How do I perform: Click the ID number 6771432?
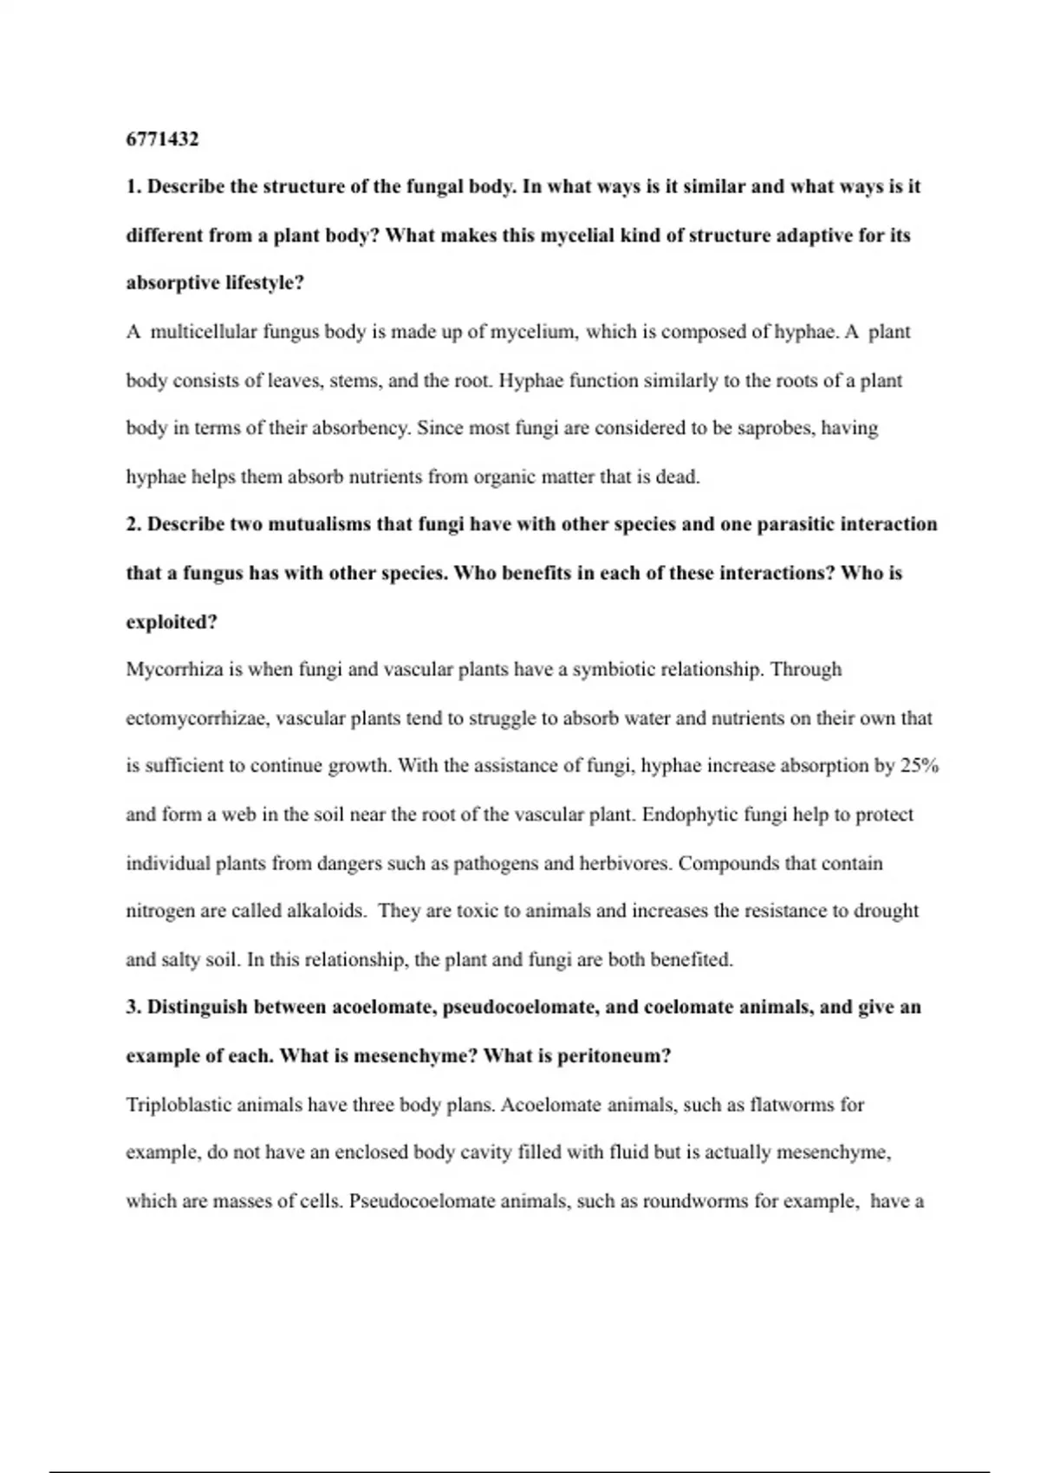[x=162, y=139]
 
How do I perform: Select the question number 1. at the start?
[x=133, y=187]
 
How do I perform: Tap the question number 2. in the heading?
[x=133, y=524]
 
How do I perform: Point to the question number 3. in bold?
[x=133, y=1007]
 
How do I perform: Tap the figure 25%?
[x=920, y=766]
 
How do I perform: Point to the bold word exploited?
[x=172, y=622]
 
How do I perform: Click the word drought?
[x=886, y=911]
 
